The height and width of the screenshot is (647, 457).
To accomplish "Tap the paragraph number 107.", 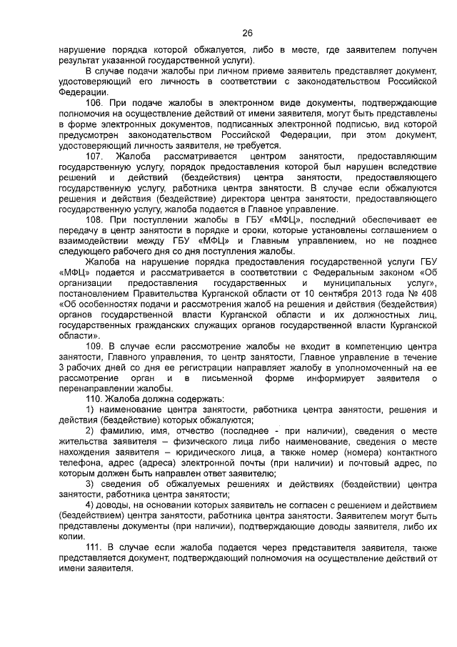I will pos(94,156).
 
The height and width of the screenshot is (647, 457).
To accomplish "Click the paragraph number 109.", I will pos(94,346).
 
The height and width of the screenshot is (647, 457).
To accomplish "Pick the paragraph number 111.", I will pos(94,545).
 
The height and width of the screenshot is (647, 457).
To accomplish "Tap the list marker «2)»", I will pos(90,430).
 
